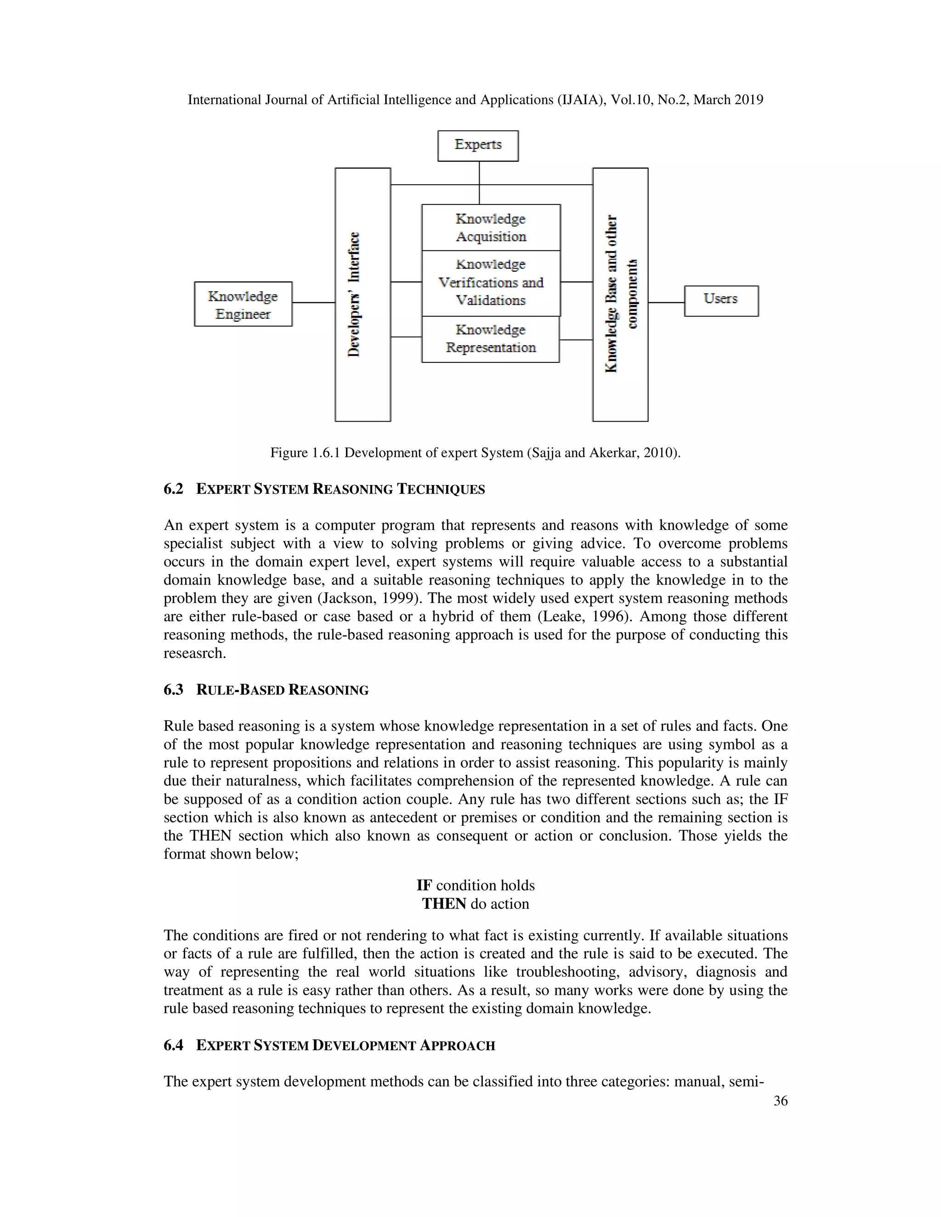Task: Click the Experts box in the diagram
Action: click(x=478, y=146)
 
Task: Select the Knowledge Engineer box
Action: click(x=243, y=304)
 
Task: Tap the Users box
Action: click(x=721, y=300)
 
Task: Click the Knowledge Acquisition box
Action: click(x=491, y=228)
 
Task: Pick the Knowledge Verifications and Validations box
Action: click(x=491, y=283)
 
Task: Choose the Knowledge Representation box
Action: click(x=491, y=339)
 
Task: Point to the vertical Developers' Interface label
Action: click(x=355, y=294)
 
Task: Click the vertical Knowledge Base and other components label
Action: click(x=620, y=294)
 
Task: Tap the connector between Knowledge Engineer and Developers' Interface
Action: click(x=313, y=303)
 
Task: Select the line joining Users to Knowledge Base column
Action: click(x=666, y=303)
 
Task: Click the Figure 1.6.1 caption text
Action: click(x=475, y=453)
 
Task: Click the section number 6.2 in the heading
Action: click(x=173, y=489)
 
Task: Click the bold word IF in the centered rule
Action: click(x=424, y=885)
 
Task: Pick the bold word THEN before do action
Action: click(x=444, y=904)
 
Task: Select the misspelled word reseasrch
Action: click(x=194, y=654)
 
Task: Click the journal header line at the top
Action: click(x=475, y=100)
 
